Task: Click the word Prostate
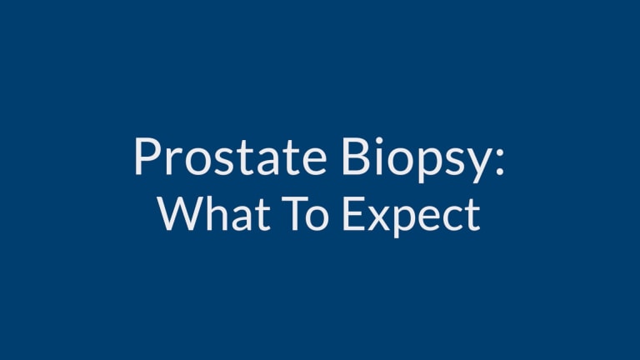[230, 157]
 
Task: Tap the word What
[214, 213]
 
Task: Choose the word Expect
[411, 217]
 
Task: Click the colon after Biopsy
[499, 162]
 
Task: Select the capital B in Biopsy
[356, 157]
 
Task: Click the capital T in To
[295, 213]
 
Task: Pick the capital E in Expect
[353, 213]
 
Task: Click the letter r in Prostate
[173, 162]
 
